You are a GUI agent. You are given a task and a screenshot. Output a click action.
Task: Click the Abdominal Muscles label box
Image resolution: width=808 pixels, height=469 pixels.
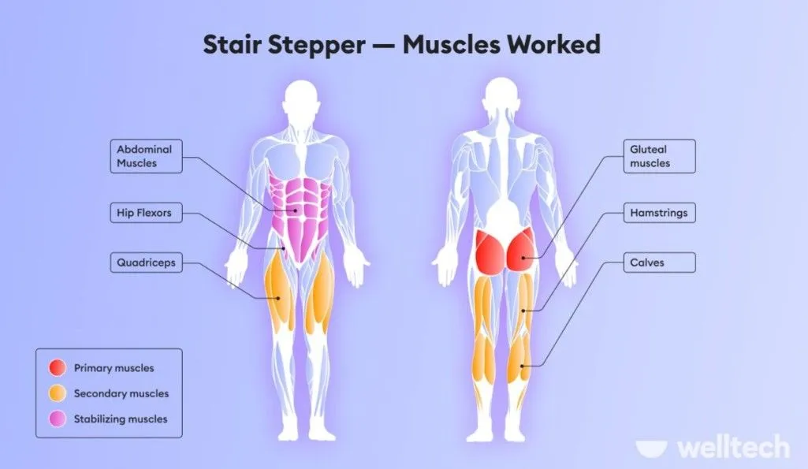(147, 156)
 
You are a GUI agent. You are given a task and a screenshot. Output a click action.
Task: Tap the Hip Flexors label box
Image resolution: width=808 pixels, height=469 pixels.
(147, 212)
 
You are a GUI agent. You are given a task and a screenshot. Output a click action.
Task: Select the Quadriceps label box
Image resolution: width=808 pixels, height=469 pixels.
(147, 262)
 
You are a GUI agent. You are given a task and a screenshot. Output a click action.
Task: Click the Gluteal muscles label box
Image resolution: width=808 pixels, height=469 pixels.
(660, 156)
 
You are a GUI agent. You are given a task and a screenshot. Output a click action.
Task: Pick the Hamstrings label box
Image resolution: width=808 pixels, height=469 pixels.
(660, 212)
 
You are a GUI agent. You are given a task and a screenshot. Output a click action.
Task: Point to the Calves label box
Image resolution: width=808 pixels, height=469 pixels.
(660, 262)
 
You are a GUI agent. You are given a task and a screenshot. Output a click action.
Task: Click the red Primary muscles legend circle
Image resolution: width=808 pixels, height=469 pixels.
(58, 368)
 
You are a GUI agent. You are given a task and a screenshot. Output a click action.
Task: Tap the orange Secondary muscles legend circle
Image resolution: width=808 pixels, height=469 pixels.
(58, 393)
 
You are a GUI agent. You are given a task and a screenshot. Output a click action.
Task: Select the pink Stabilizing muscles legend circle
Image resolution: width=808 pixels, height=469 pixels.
(58, 419)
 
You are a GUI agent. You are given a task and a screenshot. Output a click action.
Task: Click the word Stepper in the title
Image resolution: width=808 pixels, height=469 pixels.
(317, 45)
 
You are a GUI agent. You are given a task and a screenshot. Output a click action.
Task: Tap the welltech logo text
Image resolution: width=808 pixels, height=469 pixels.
(733, 448)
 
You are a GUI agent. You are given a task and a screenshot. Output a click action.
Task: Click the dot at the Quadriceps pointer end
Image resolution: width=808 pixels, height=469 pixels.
(278, 299)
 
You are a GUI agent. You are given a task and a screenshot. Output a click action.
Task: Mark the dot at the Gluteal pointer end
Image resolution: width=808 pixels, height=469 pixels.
(523, 258)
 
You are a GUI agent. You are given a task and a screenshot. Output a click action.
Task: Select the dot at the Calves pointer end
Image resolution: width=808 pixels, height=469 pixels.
(522, 366)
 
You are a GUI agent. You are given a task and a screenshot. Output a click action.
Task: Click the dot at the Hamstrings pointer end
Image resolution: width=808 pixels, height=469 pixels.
(523, 311)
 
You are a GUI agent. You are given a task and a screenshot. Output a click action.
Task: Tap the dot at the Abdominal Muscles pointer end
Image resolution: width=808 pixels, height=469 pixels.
(296, 210)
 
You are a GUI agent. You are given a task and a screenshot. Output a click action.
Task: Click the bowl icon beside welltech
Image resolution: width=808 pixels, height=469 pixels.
(651, 448)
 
